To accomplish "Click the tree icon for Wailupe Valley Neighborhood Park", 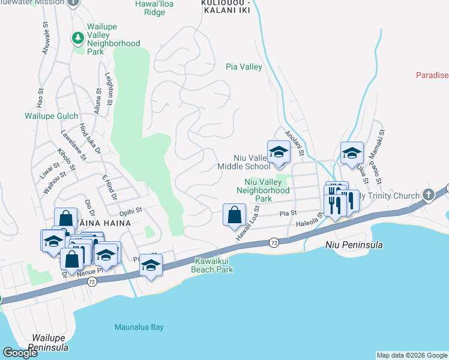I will click(x=77, y=38).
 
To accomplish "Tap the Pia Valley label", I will click(x=244, y=67).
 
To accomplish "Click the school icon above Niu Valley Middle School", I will click(x=279, y=152).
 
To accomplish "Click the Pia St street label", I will click(x=289, y=212).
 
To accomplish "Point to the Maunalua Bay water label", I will click(x=139, y=327).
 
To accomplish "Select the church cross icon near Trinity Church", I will click(x=427, y=195).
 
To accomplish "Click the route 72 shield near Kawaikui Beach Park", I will click(x=274, y=241).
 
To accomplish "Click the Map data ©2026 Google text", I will click(x=412, y=355).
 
